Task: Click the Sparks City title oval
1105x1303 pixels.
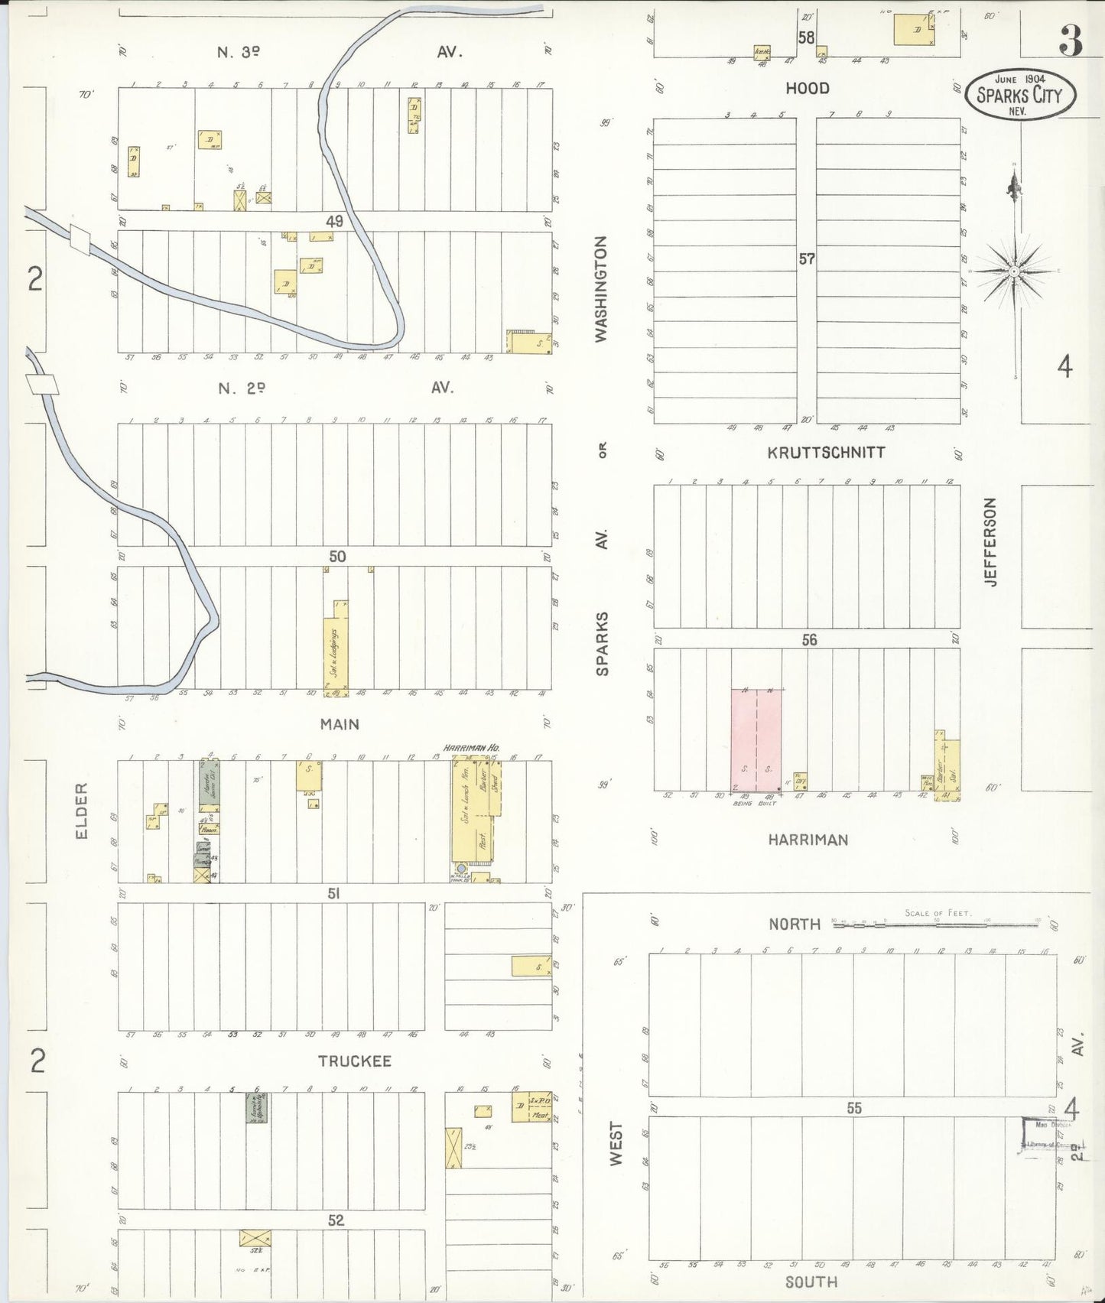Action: click(x=1019, y=94)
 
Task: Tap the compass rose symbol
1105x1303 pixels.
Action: click(x=1014, y=271)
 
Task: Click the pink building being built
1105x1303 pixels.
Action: click(x=756, y=739)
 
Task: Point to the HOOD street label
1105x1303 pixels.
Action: click(x=807, y=89)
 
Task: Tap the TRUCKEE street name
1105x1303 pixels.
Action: click(x=354, y=1061)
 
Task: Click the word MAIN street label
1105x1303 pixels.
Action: click(x=340, y=724)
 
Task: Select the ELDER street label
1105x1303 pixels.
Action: click(x=82, y=810)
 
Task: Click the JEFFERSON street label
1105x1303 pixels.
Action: click(x=990, y=541)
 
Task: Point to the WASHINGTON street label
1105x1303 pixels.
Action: click(x=601, y=288)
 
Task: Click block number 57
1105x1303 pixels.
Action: click(x=807, y=259)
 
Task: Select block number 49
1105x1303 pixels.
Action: click(x=334, y=222)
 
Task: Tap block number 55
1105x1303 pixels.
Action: click(x=853, y=1108)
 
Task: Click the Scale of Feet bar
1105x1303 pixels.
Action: click(x=937, y=924)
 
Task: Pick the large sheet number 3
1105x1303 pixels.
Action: click(x=1071, y=42)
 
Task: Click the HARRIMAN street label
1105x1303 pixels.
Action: click(x=808, y=840)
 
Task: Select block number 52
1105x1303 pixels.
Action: click(x=336, y=1220)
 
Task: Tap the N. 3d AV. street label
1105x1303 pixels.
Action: click(x=239, y=52)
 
